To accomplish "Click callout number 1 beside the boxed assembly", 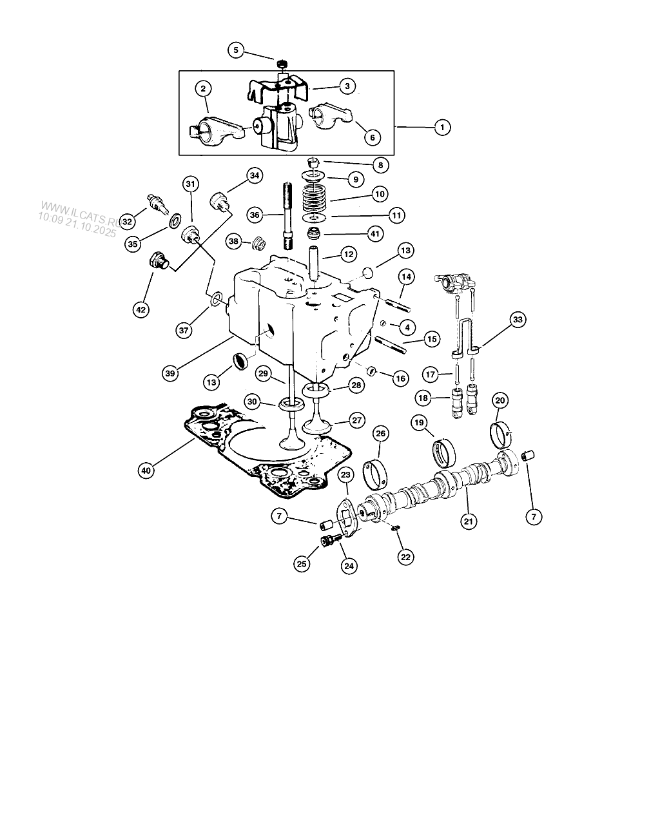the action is (442, 127).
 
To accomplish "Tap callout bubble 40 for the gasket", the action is (146, 470).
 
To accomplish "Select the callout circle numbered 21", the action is (469, 521).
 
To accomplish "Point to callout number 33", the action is (518, 319).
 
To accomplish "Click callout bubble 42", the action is (141, 309).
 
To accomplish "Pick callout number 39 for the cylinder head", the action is (170, 373).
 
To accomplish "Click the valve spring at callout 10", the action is (314, 199).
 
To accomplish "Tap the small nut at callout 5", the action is (282, 63).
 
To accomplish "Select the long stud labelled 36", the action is (287, 216).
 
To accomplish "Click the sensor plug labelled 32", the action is (157, 204).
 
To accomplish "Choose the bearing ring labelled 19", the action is (445, 452).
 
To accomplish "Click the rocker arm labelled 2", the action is (217, 131).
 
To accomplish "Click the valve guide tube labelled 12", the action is (315, 262).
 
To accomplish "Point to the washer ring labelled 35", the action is (176, 220).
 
